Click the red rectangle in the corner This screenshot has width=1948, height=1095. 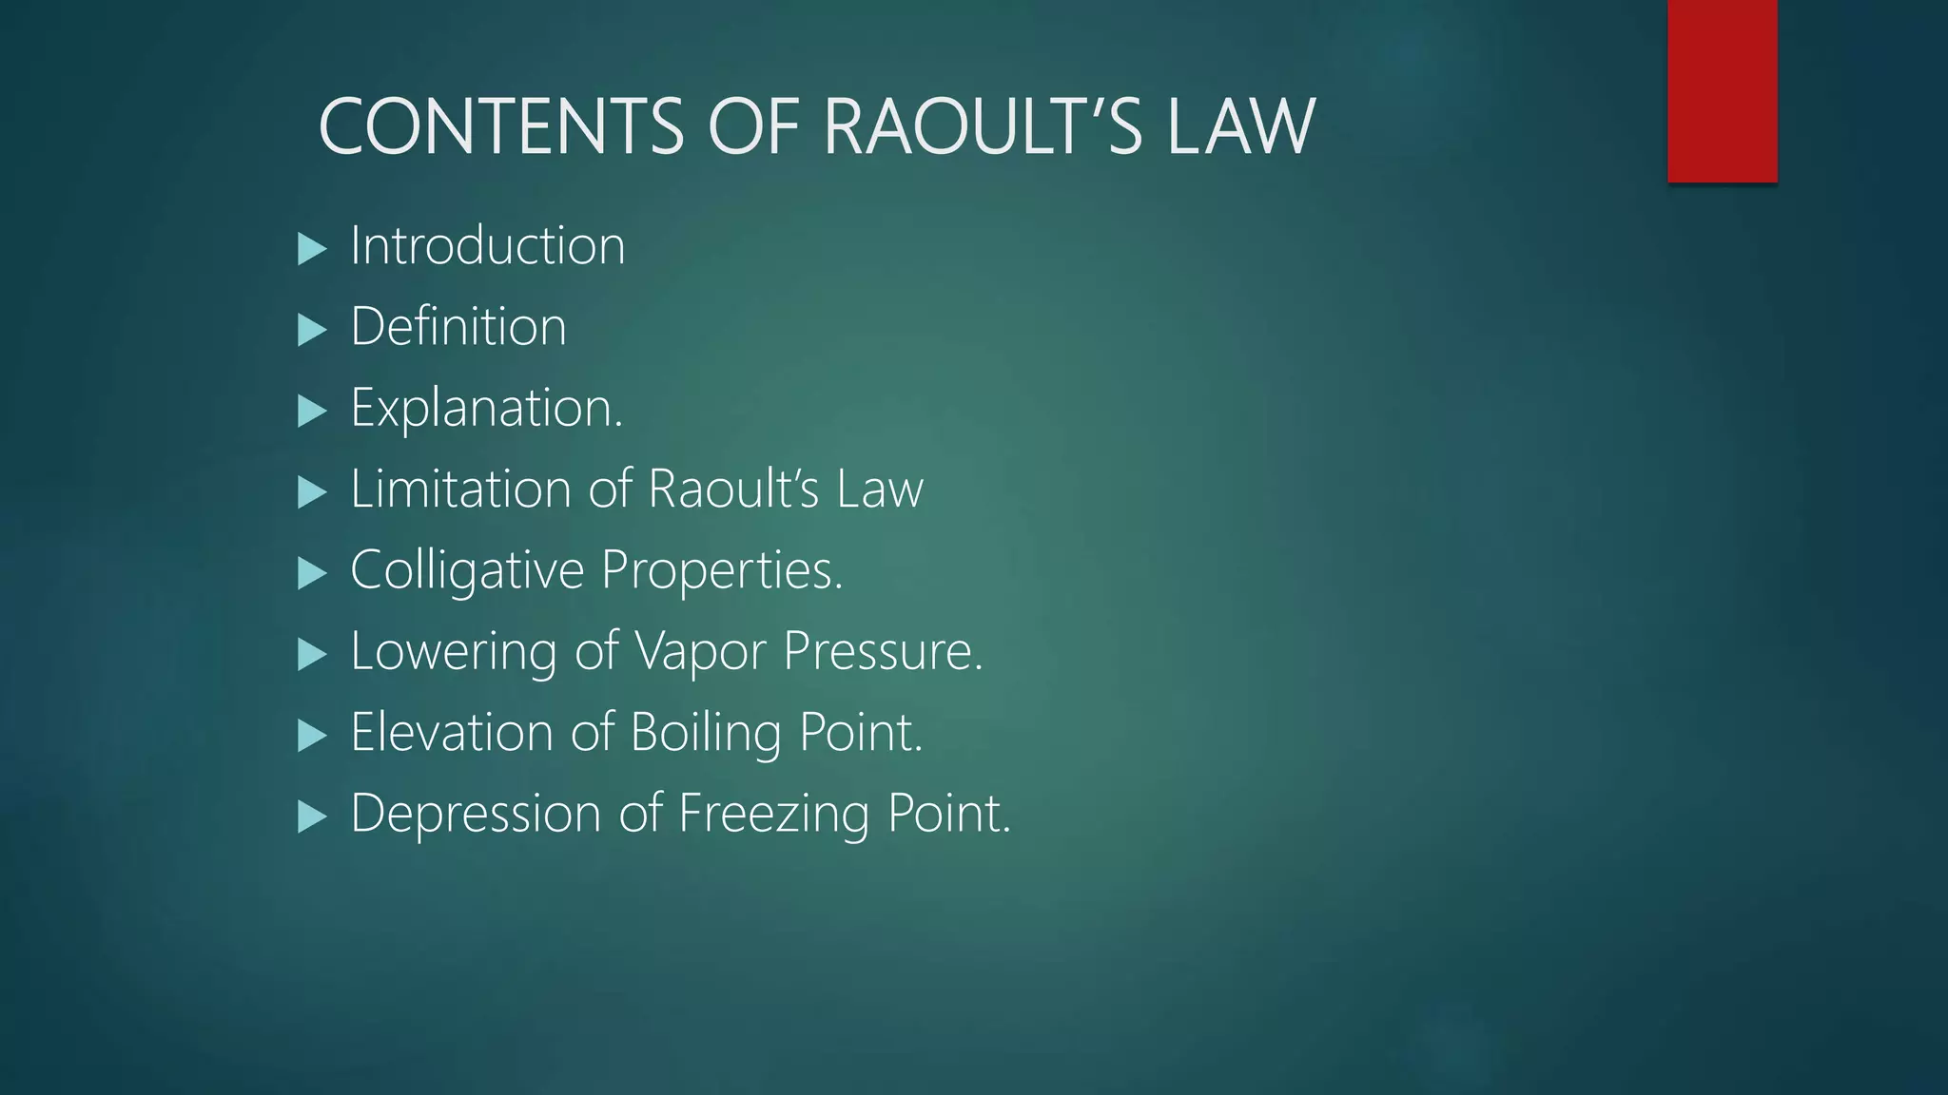click(x=1722, y=90)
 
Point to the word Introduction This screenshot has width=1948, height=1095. click(x=488, y=245)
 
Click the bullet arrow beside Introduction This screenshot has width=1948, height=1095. click(x=311, y=249)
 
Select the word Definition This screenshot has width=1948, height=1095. click(x=458, y=326)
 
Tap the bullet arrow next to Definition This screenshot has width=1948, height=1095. click(x=311, y=331)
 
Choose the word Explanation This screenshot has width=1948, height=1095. click(x=486, y=409)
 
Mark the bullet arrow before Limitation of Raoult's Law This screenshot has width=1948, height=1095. click(x=311, y=492)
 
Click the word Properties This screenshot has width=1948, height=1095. click(x=722, y=570)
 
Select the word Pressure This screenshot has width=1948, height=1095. click(x=883, y=652)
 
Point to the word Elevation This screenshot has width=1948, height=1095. click(x=452, y=732)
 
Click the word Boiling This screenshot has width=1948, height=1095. click(x=706, y=733)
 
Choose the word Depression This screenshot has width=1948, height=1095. click(x=476, y=814)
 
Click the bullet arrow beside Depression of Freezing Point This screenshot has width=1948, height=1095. click(x=311, y=816)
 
